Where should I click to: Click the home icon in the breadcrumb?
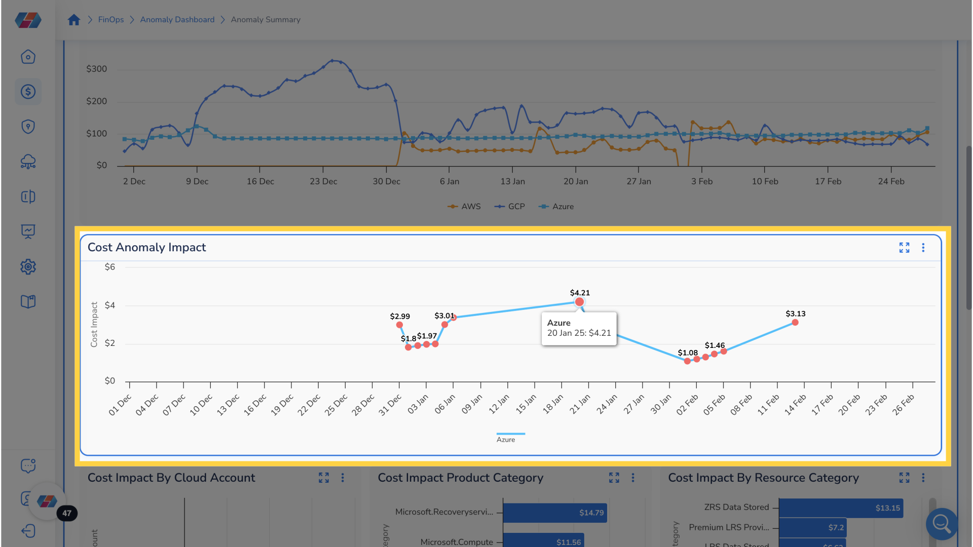pyautogui.click(x=74, y=20)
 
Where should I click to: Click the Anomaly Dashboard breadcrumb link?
pyautogui.click(x=177, y=20)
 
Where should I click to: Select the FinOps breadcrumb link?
pyautogui.click(x=110, y=20)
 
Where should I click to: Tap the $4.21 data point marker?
pyautogui.click(x=579, y=302)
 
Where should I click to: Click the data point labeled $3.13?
pyautogui.click(x=795, y=323)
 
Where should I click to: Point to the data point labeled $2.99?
pyautogui.click(x=399, y=325)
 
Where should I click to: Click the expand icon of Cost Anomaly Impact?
pyautogui.click(x=904, y=247)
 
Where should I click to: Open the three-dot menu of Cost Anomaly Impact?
pyautogui.click(x=923, y=247)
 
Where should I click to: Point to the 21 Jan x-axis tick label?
pyautogui.click(x=580, y=404)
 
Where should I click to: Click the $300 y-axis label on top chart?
pyautogui.click(x=96, y=69)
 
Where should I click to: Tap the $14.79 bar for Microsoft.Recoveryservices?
pyautogui.click(x=555, y=513)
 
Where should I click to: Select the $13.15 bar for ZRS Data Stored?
pyautogui.click(x=840, y=508)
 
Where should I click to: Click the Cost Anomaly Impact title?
pyautogui.click(x=146, y=247)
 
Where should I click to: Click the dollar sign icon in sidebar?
pyautogui.click(x=28, y=92)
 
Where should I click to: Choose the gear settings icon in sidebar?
pyautogui.click(x=28, y=267)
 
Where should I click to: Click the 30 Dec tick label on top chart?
pyautogui.click(x=386, y=181)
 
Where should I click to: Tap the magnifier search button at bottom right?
pyautogui.click(x=942, y=524)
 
